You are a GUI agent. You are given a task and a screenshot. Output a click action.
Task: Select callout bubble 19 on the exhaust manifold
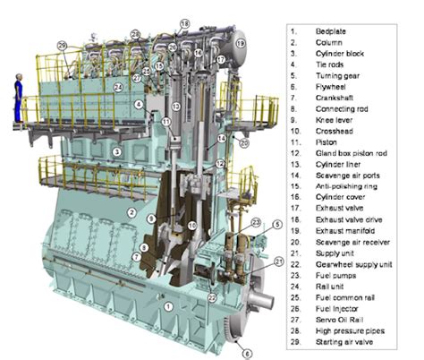240,42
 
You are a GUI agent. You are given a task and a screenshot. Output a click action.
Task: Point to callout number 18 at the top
185,22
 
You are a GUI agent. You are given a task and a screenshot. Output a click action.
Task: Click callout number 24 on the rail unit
118,88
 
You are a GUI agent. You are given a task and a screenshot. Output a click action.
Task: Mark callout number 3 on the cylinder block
117,153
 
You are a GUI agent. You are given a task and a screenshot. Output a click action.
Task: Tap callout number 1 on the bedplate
166,306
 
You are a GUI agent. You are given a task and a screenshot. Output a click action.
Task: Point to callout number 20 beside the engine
242,142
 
